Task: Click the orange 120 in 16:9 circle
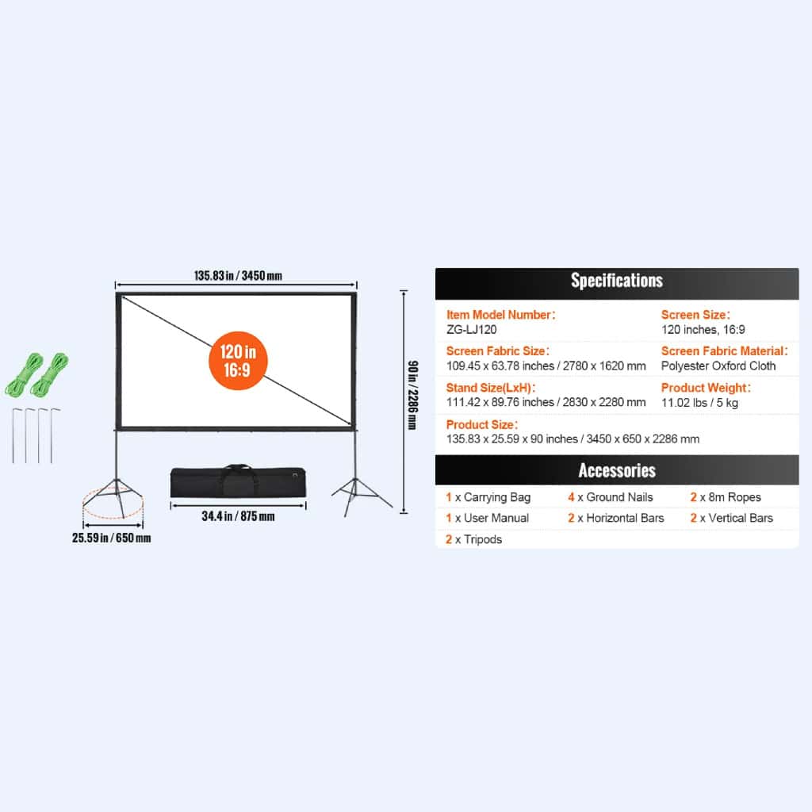(238, 361)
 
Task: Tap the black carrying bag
(238, 481)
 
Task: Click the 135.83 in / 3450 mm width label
(238, 275)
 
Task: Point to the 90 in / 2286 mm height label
(412, 395)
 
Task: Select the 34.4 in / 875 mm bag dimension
(238, 515)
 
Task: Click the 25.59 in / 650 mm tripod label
(111, 538)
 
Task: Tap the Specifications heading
(617, 280)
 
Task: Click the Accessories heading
(617, 470)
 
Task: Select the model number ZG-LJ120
(471, 329)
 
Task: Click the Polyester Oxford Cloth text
(718, 366)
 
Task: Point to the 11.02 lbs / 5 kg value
(699, 402)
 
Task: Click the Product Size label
(482, 425)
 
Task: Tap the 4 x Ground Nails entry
(610, 497)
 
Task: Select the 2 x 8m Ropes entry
(726, 497)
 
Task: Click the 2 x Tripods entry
(474, 539)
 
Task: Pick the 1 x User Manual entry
(488, 518)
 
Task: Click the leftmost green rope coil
(24, 374)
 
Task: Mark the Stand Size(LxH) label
(490, 387)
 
